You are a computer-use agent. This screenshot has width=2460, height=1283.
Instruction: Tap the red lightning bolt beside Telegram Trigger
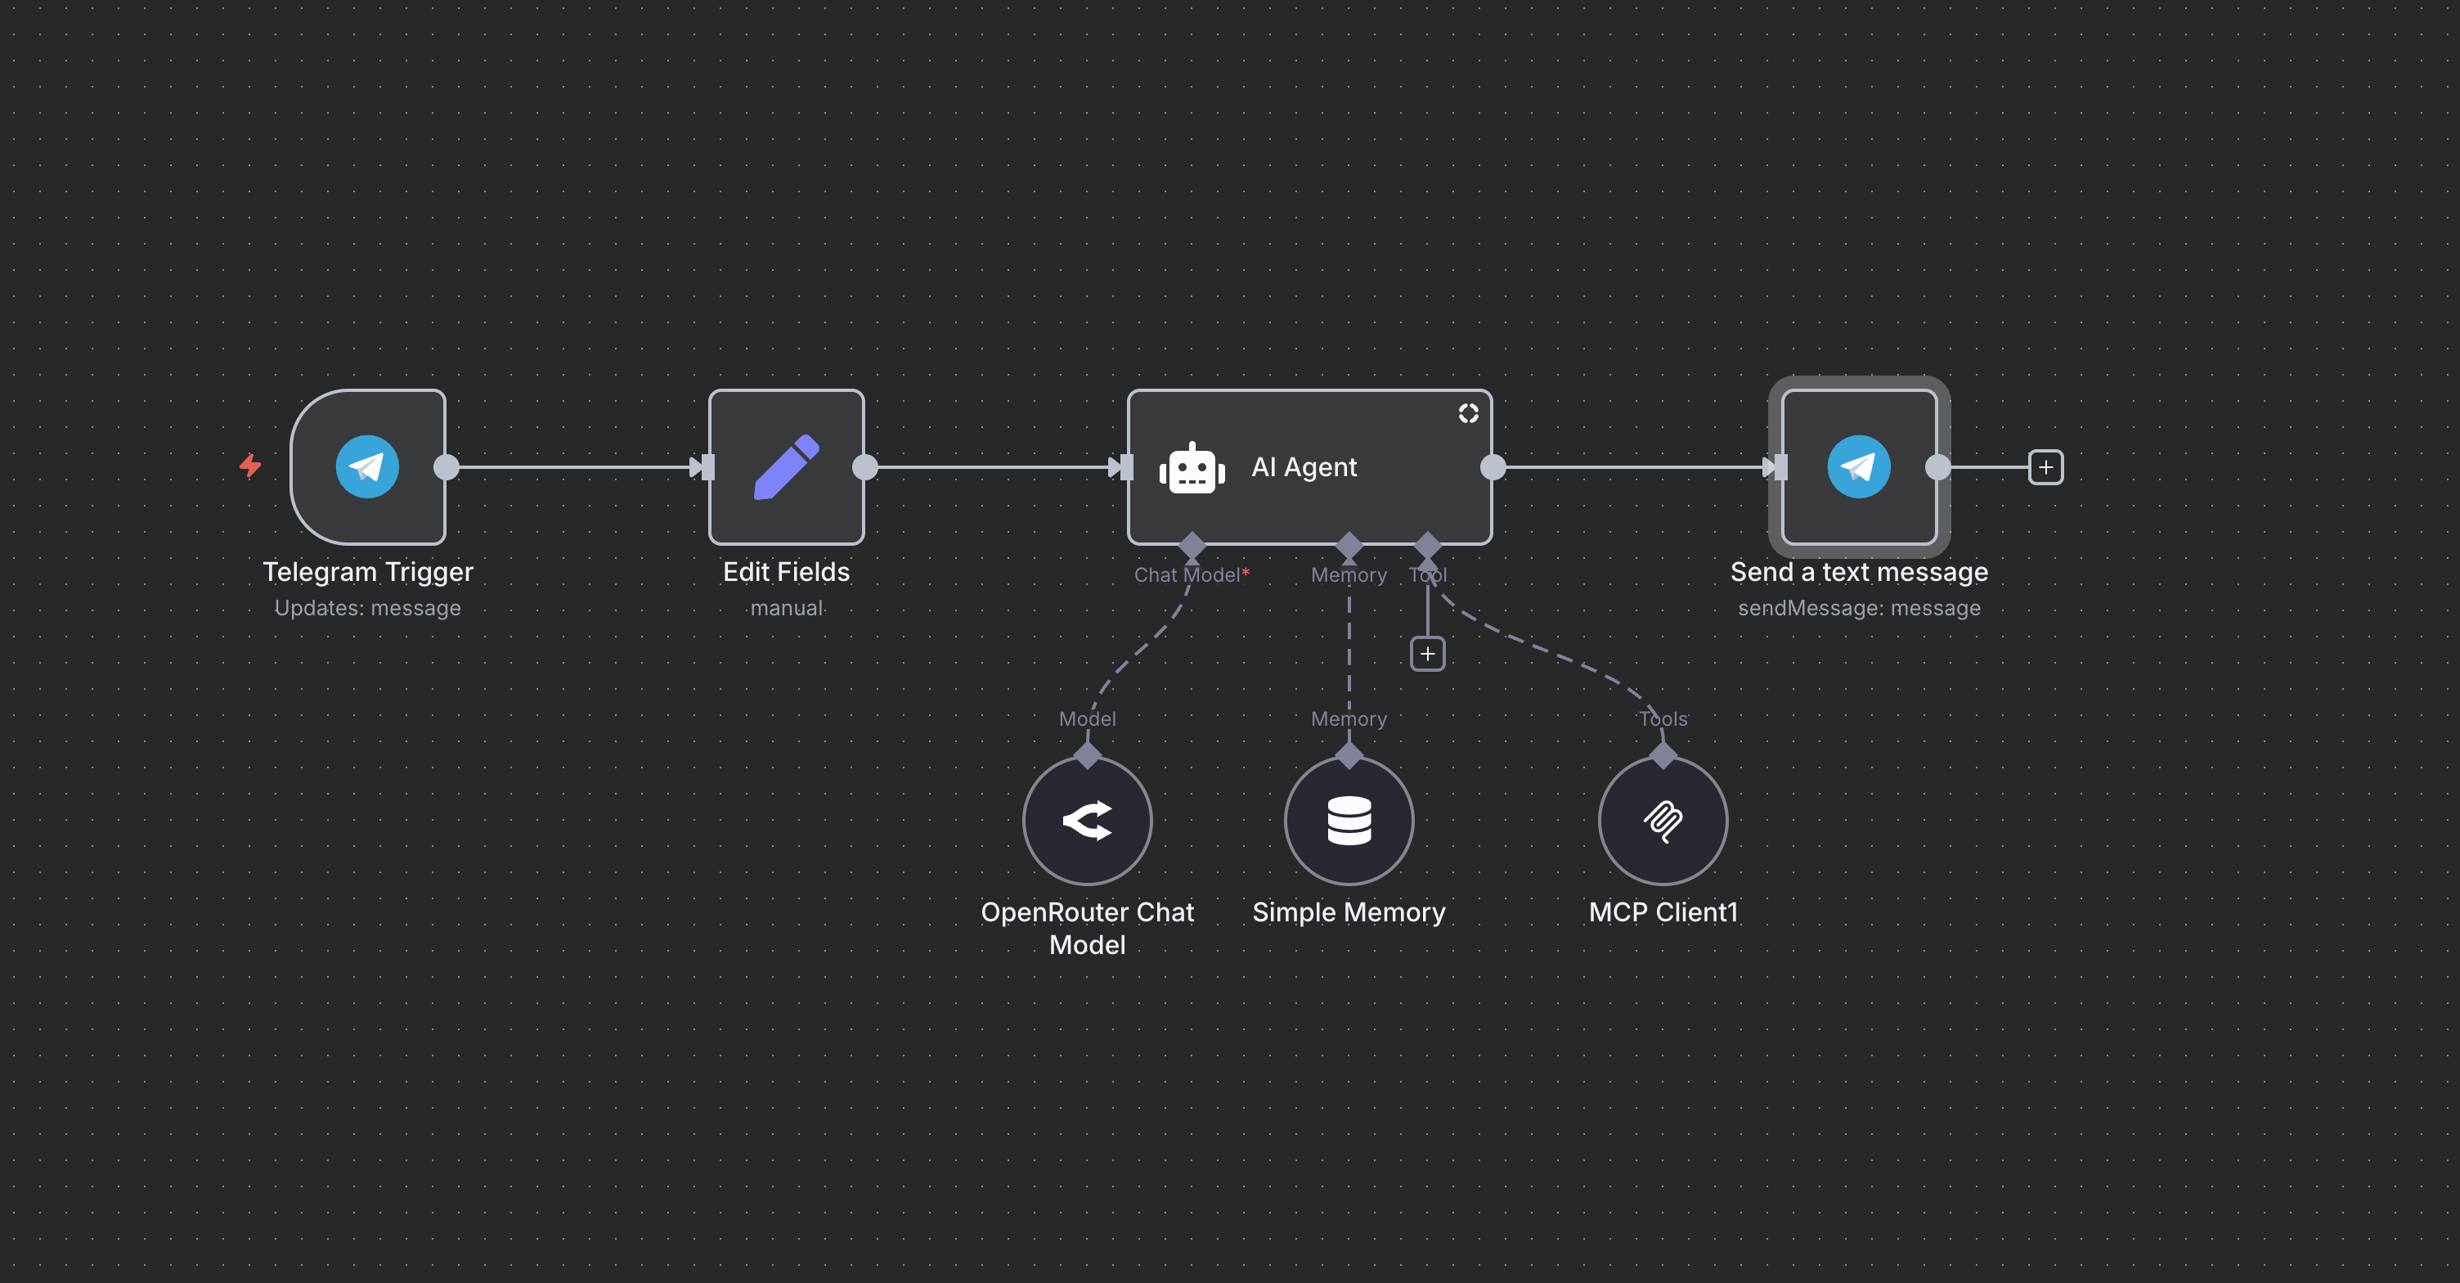[x=250, y=466]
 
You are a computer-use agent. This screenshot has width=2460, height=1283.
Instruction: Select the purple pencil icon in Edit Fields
[x=786, y=467]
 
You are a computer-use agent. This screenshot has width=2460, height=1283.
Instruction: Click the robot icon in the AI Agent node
[x=1191, y=469]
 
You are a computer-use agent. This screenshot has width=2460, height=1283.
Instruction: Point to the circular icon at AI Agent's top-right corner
[x=1468, y=412]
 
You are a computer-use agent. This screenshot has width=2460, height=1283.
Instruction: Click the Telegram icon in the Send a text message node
[x=1858, y=467]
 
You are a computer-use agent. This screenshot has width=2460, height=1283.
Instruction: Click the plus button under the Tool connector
[x=1428, y=655]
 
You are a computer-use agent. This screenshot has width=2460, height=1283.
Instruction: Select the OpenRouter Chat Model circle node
[x=1087, y=821]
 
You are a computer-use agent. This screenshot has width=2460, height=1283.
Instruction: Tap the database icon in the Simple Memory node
[x=1349, y=821]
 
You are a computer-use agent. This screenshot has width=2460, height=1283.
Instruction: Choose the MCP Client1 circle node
[x=1663, y=821]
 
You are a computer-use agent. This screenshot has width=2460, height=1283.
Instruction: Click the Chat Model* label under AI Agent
[x=1190, y=575]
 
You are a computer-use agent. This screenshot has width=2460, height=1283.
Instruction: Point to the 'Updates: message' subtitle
[x=368, y=609]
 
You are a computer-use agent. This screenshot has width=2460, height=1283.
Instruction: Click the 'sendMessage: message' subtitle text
[x=1858, y=609]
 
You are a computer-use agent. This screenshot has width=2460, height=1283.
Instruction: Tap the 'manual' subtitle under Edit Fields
[x=786, y=609]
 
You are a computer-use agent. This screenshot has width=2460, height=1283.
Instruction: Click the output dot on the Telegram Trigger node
[x=446, y=467]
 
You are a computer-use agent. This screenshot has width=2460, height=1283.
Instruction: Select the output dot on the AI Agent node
[x=1493, y=467]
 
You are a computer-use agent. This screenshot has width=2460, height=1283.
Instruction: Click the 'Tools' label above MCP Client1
[x=1663, y=719]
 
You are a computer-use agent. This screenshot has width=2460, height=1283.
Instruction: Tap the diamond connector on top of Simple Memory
[x=1349, y=756]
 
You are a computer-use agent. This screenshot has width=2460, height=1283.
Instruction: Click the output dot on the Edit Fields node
[x=864, y=467]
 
